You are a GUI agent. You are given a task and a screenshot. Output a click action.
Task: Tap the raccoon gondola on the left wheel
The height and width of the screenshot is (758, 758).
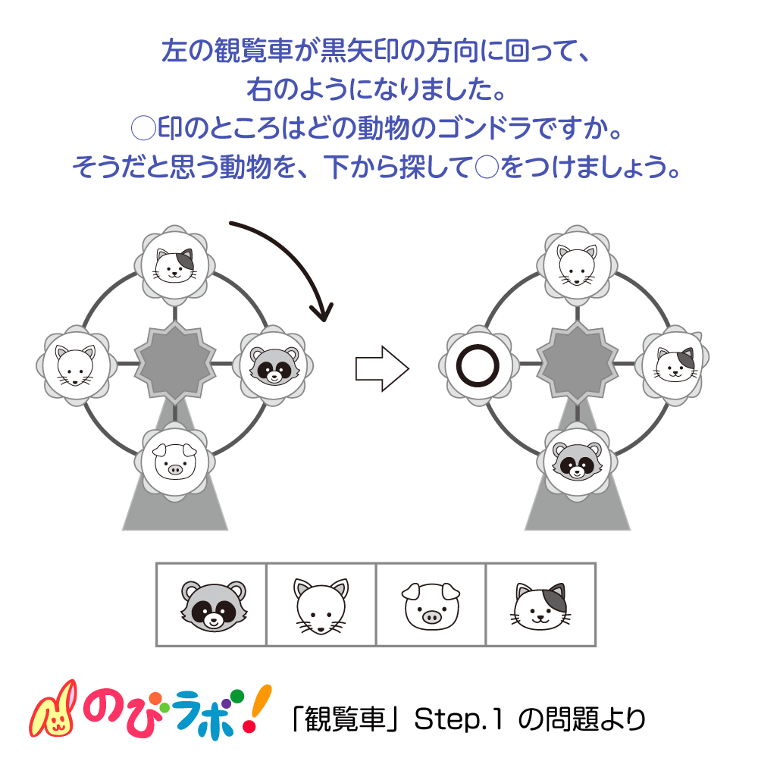pyautogui.click(x=274, y=365)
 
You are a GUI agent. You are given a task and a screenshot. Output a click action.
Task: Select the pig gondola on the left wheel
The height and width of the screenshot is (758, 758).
pyautogui.click(x=175, y=463)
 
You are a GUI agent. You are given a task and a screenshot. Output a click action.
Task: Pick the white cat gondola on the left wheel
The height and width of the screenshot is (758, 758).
pyautogui.click(x=77, y=365)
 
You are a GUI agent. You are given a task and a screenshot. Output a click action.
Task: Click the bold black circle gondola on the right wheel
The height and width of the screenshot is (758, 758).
pyautogui.click(x=478, y=365)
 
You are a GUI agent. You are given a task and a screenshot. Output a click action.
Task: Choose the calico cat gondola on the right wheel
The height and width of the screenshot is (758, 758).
pyautogui.click(x=675, y=365)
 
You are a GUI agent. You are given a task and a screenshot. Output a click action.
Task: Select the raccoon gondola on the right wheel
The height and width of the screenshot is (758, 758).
pyautogui.click(x=577, y=463)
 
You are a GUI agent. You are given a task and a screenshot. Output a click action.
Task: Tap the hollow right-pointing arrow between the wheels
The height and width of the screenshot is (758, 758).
pyautogui.click(x=382, y=369)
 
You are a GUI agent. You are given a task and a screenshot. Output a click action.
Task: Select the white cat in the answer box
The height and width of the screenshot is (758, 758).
pyautogui.click(x=321, y=605)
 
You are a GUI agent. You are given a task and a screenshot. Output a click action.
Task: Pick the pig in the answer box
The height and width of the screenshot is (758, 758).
pyautogui.click(x=431, y=605)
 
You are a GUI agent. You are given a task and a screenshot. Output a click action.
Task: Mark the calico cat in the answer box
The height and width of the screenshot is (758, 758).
pyautogui.click(x=540, y=605)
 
